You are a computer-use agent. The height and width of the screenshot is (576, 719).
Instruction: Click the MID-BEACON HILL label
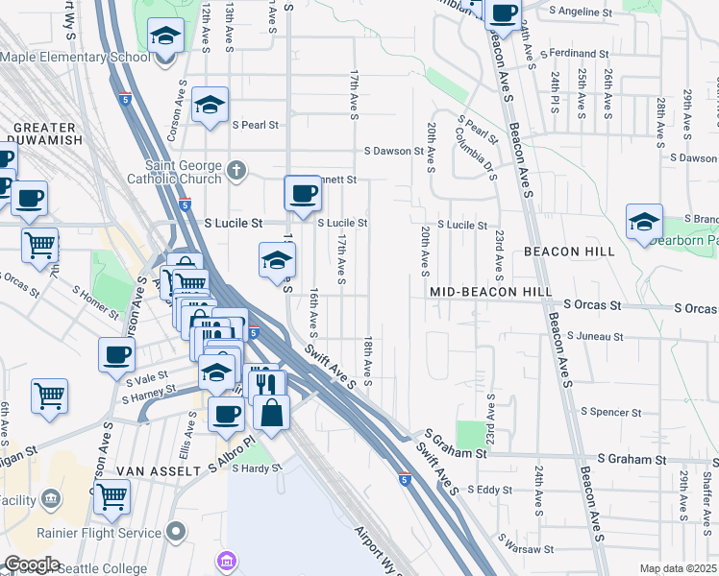(x=490, y=290)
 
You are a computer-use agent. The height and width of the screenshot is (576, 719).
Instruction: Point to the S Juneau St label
(x=595, y=337)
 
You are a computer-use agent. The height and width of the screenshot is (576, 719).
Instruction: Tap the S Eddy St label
(x=490, y=490)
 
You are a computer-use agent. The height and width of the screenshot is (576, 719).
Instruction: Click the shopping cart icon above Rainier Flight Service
(x=112, y=496)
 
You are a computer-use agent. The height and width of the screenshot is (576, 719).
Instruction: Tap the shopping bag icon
(x=273, y=413)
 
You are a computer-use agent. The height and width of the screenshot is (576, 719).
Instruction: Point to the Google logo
(x=31, y=564)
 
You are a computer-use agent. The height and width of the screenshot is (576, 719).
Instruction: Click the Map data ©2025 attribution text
(x=678, y=568)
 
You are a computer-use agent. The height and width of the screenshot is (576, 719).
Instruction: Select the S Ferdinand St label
(x=575, y=54)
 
